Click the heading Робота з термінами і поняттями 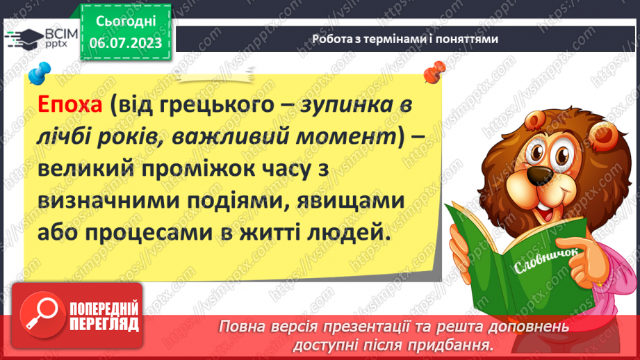(x=405, y=39)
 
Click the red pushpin (x=436, y=69)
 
